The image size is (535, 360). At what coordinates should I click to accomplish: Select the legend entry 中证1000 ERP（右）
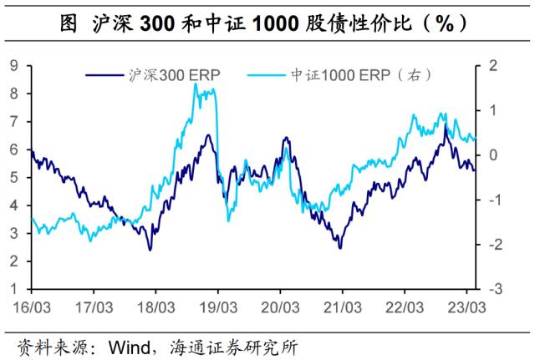click(352, 75)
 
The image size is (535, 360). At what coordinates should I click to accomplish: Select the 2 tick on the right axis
click(493, 65)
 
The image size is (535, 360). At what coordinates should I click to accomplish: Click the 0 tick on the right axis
click(493, 155)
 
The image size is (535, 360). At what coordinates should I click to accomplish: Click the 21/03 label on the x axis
click(342, 307)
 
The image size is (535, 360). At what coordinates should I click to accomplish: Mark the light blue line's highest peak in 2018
click(196, 84)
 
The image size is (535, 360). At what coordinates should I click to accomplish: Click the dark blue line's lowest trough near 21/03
click(340, 248)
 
